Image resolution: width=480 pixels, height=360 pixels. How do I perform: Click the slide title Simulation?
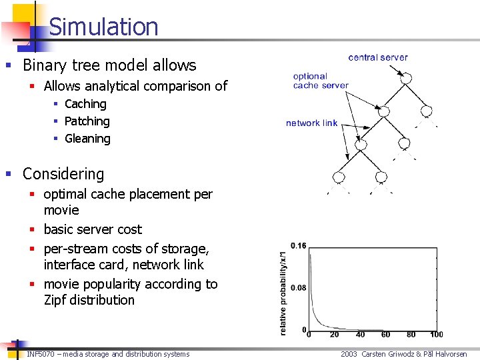(103, 27)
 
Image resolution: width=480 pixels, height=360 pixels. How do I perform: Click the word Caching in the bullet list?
(85, 104)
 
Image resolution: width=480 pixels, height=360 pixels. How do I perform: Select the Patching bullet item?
(87, 121)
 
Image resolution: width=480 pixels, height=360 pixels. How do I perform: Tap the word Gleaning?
(87, 139)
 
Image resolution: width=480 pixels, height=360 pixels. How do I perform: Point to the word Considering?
(63, 174)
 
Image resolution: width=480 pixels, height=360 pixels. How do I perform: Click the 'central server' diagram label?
(378, 57)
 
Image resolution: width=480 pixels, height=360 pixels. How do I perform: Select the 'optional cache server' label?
(320, 81)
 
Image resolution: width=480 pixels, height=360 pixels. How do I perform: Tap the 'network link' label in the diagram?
(311, 123)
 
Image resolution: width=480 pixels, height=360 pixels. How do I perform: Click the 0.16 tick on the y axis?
(298, 246)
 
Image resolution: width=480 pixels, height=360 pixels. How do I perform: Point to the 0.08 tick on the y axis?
(298, 288)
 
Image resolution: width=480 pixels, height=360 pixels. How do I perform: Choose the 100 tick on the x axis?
(437, 335)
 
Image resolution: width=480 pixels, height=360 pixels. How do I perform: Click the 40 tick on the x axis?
(360, 335)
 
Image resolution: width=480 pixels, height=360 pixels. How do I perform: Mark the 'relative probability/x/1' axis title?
(284, 288)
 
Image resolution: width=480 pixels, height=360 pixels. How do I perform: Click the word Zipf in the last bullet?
(56, 300)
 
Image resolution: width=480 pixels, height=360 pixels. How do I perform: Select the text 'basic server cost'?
(93, 229)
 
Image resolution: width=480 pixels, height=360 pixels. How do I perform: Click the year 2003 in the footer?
(349, 354)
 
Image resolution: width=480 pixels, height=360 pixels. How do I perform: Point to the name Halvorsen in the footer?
(451, 354)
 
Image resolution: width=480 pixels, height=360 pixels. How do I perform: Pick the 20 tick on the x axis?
(334, 335)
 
